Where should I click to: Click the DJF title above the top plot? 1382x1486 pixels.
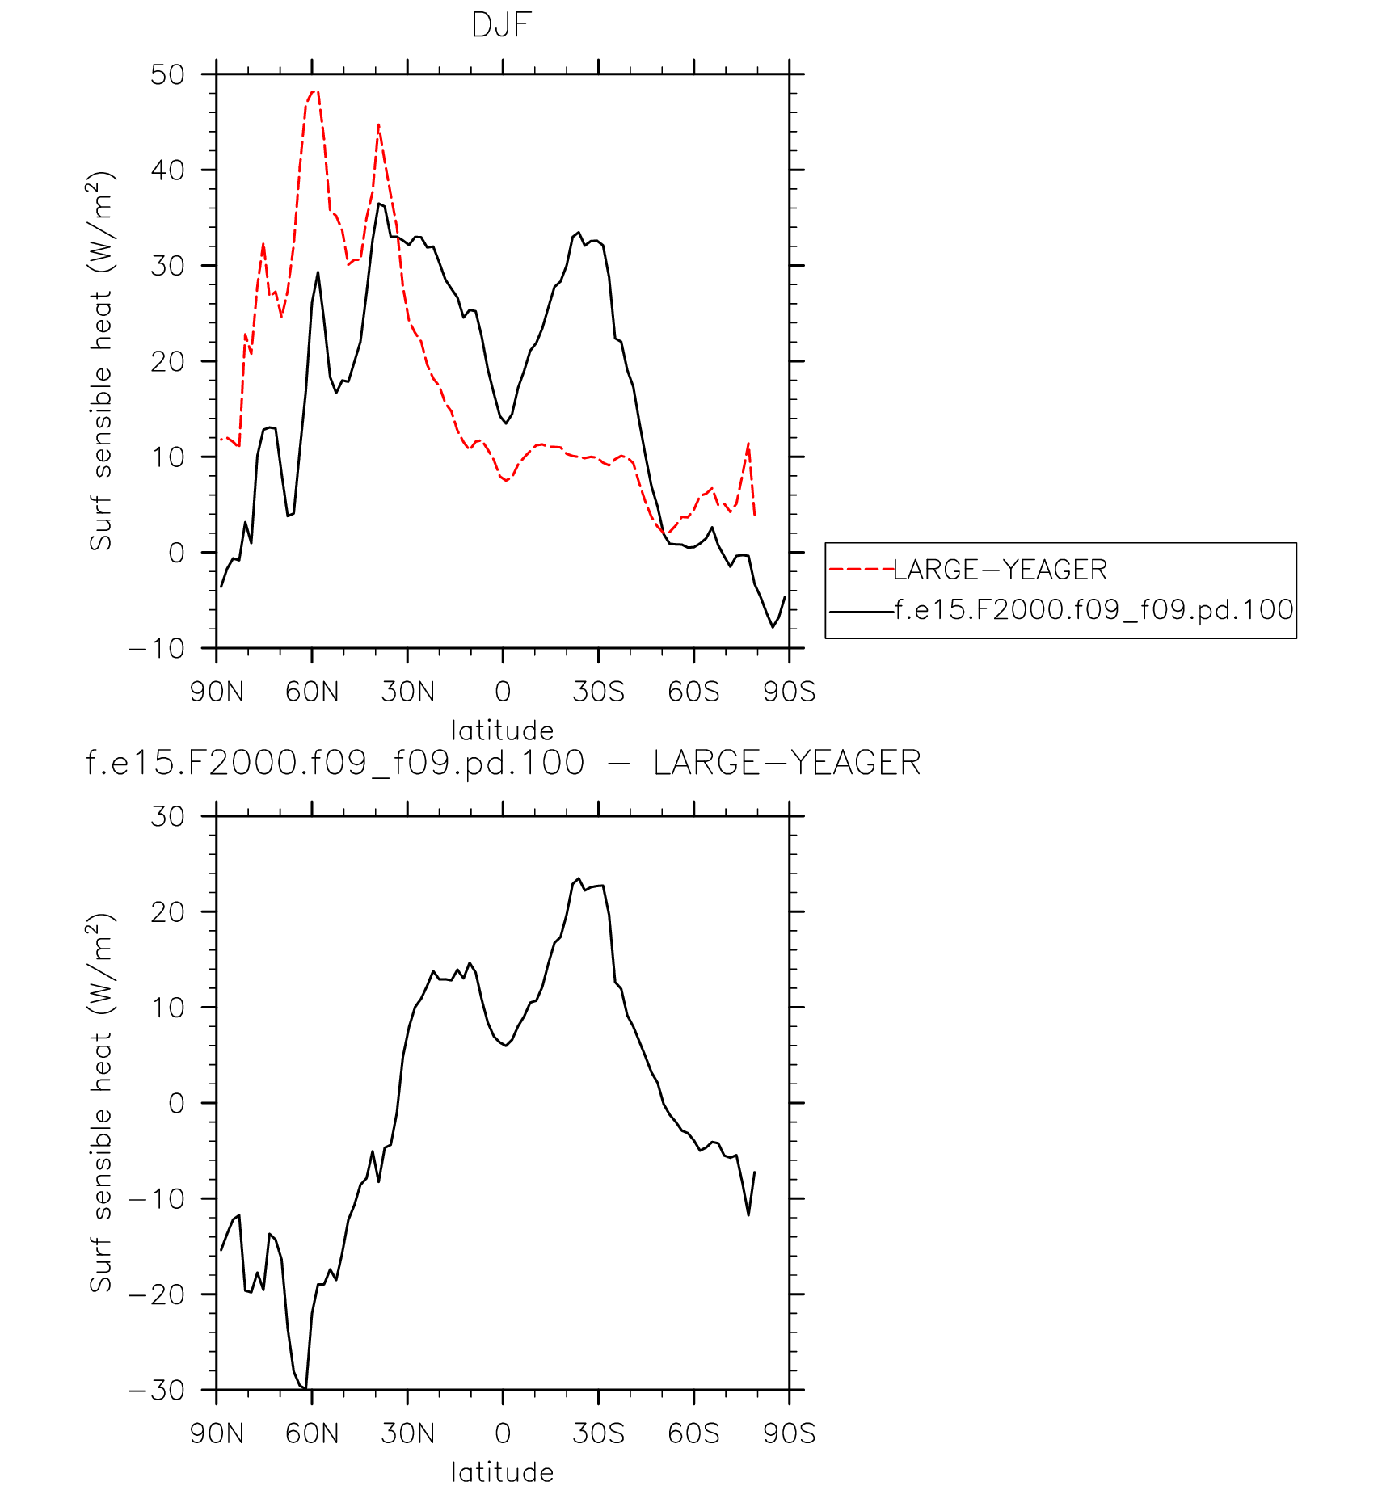tap(501, 26)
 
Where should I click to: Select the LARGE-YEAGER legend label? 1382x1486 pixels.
tap(1000, 570)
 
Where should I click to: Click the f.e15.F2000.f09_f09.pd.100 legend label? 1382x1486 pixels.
tap(1094, 609)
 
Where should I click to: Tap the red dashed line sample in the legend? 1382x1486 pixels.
tap(861, 570)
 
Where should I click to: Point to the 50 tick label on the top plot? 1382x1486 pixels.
tap(167, 75)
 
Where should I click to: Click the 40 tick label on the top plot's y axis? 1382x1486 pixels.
tap(167, 170)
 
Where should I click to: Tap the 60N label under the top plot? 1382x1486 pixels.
tap(312, 692)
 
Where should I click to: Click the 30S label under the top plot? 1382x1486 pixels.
tap(599, 692)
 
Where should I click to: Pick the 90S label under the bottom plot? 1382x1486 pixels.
tap(790, 1433)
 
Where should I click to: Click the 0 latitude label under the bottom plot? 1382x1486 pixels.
tap(503, 1433)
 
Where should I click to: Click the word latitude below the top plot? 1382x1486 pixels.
tap(502, 730)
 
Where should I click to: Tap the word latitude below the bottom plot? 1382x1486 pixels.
tap(502, 1471)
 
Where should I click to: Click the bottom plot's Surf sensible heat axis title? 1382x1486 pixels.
tap(102, 1102)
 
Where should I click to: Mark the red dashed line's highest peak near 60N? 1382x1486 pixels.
tap(314, 91)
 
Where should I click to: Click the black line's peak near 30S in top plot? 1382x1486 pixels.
tap(579, 233)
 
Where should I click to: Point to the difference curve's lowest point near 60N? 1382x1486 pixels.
tap(305, 1388)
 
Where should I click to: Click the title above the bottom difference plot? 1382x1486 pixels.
tap(503, 763)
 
